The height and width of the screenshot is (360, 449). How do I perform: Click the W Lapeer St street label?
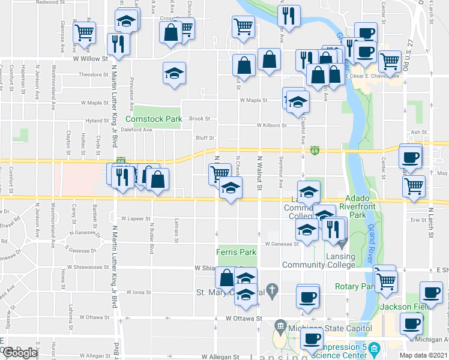(134, 219)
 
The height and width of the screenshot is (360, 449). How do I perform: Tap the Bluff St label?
(205, 138)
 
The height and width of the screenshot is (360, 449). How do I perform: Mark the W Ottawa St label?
(244, 318)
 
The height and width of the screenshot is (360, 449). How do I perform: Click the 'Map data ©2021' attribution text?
(424, 355)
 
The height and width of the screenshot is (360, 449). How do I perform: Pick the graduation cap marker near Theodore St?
(175, 74)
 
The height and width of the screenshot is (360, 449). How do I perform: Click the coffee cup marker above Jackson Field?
(430, 292)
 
